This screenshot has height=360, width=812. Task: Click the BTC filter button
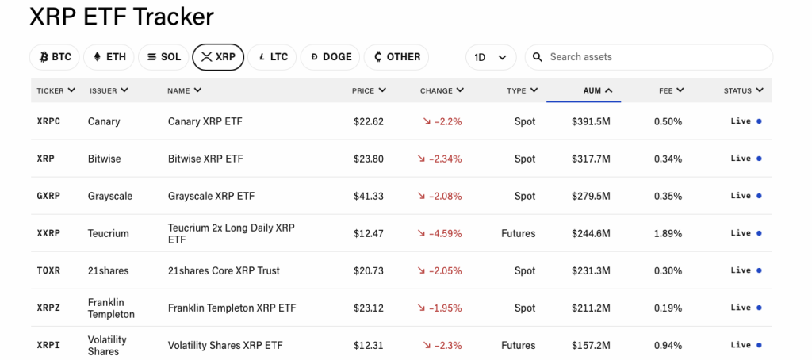tap(55, 57)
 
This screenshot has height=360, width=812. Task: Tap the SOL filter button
tap(163, 57)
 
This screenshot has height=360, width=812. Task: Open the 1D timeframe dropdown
tap(490, 57)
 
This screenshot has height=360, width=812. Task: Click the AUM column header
tap(597, 90)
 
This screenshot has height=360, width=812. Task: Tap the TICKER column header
tap(56, 90)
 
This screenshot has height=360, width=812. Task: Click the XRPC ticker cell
tap(48, 121)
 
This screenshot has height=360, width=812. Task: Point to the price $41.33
tap(369, 196)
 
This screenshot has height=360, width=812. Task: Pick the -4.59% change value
tap(442, 233)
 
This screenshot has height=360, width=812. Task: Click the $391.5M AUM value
tap(591, 121)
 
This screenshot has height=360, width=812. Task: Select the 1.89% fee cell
tap(668, 233)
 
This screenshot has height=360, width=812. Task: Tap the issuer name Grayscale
tap(110, 196)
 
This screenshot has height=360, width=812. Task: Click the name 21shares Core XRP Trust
tap(224, 270)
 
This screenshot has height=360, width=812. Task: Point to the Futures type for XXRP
tap(519, 233)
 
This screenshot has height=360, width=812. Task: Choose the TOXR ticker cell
tap(48, 270)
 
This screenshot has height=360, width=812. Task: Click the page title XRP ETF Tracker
tap(121, 17)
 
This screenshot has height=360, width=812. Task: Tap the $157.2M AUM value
tap(591, 345)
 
